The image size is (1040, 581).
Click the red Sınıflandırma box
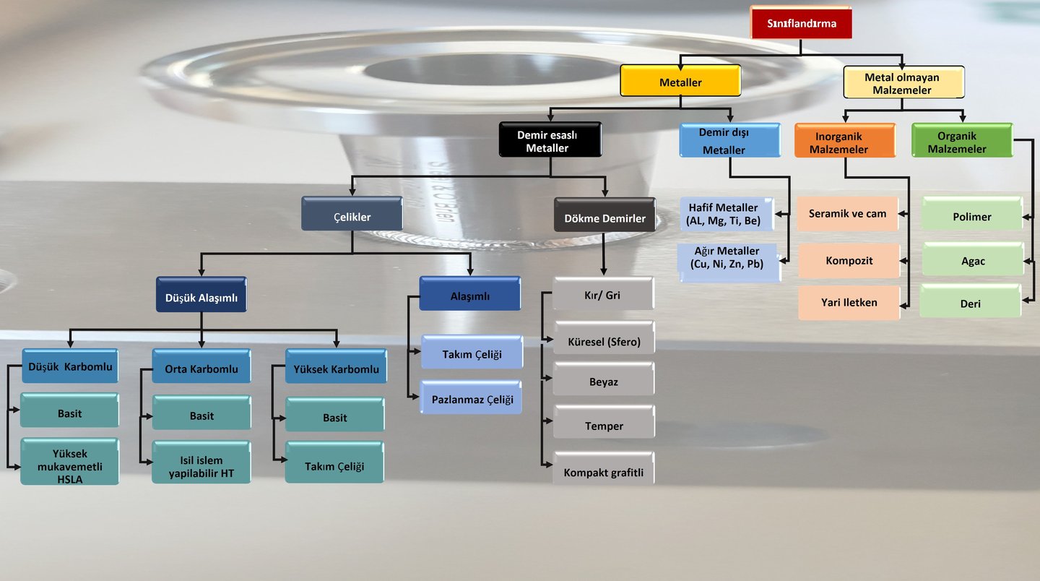[x=801, y=23]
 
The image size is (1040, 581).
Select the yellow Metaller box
[x=680, y=82]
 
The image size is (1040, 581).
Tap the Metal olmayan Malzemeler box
[x=903, y=83]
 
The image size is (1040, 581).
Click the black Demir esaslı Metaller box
[x=550, y=141]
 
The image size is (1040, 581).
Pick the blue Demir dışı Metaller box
[x=729, y=141]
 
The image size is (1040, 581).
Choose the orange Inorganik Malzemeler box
[x=844, y=142]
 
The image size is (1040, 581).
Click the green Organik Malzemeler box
[x=961, y=141]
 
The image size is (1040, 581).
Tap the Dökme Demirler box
[x=604, y=217]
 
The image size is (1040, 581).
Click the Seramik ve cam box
[x=848, y=214]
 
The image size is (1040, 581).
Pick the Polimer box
[x=971, y=216]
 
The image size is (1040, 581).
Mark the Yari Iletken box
[x=849, y=303]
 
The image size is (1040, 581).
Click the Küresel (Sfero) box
[x=604, y=341]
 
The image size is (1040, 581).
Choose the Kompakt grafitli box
[x=604, y=473]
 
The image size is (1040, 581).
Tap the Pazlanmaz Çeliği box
[x=472, y=399]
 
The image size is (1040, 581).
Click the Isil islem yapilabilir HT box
[x=201, y=466]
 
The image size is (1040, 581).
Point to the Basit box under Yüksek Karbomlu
[x=334, y=417]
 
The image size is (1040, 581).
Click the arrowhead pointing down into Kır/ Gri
[x=604, y=270]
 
